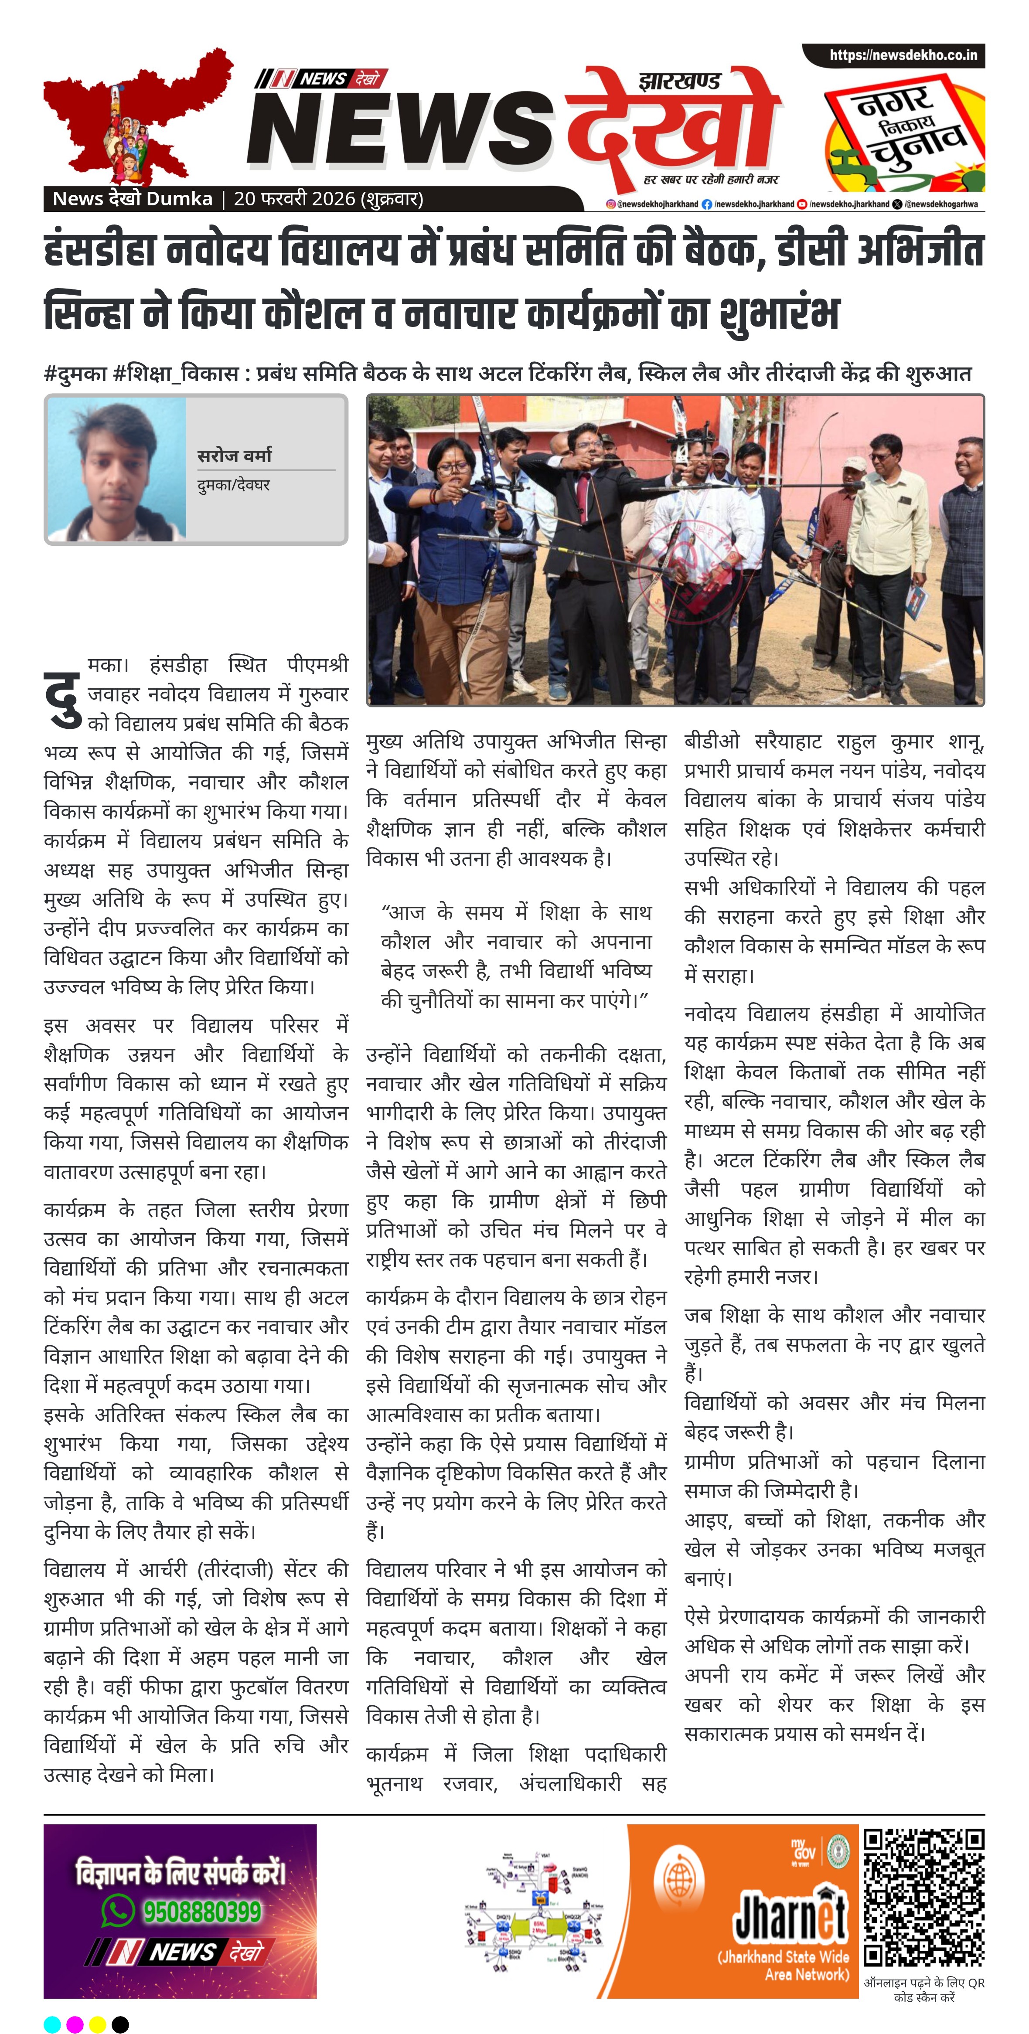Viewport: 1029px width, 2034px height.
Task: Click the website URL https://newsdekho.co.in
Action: point(903,55)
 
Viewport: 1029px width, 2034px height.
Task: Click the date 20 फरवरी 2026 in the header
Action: point(294,199)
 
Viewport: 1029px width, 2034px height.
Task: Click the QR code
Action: point(923,1898)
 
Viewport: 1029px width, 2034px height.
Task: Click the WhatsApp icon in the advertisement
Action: point(118,1911)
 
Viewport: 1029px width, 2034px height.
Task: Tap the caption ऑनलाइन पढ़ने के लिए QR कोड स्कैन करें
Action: point(924,1990)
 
